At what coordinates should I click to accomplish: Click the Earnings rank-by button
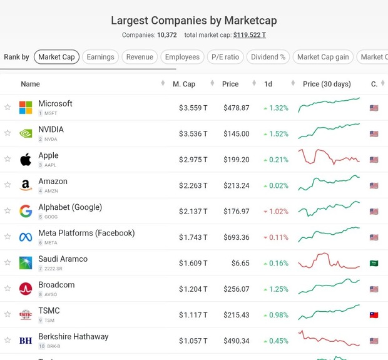click(100, 57)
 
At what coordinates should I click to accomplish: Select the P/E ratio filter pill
click(225, 57)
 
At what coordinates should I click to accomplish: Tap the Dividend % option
click(268, 57)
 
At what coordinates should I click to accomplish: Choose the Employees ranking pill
click(182, 57)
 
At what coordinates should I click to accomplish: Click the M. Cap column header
click(184, 84)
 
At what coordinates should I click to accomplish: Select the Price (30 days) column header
click(327, 84)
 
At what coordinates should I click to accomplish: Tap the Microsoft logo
click(26, 108)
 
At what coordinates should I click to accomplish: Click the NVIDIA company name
click(51, 130)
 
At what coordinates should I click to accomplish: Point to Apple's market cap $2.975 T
click(193, 160)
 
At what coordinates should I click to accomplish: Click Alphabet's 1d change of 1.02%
click(276, 212)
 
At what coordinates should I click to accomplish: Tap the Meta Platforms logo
click(26, 237)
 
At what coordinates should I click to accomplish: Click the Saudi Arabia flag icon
click(374, 264)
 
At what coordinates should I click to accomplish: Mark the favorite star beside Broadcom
click(8, 289)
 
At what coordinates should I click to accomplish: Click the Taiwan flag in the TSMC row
click(374, 315)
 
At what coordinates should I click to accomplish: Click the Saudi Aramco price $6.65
click(240, 264)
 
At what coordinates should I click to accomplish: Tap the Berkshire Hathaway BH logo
click(26, 341)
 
